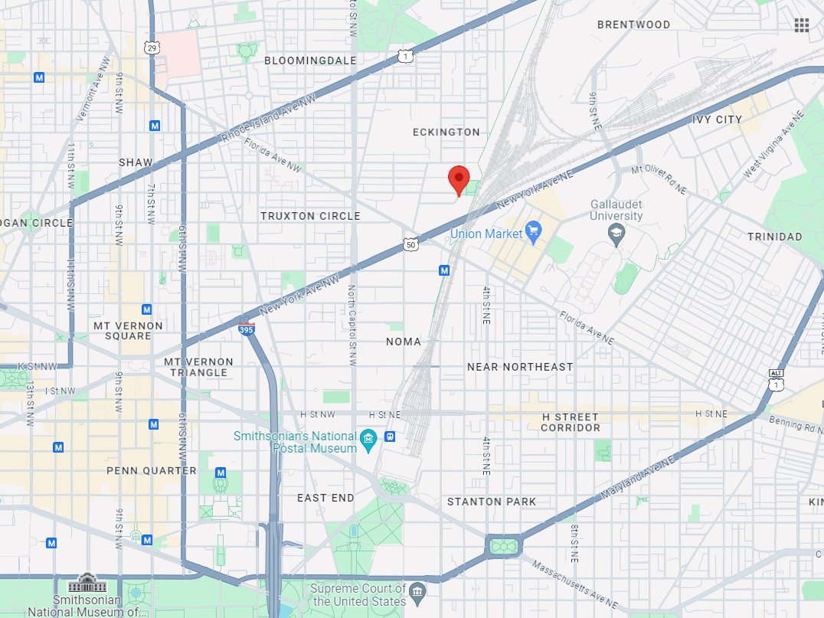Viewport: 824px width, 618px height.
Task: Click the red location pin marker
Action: tap(459, 179)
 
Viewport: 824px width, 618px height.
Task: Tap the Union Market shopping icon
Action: tap(534, 233)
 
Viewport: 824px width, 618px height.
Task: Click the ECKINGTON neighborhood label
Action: tap(446, 132)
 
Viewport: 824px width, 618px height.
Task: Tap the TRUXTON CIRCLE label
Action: tap(310, 216)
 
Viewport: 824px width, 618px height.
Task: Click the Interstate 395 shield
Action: tap(245, 328)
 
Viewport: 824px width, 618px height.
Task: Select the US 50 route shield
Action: tap(411, 244)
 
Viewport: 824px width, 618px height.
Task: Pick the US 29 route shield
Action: tap(152, 48)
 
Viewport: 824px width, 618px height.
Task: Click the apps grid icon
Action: tap(802, 25)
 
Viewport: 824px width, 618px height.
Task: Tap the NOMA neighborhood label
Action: tap(404, 342)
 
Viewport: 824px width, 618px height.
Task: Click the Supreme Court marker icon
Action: tap(417, 591)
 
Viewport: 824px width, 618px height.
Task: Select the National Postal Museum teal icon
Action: tap(369, 439)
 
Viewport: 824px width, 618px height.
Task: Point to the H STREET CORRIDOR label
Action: tap(570, 422)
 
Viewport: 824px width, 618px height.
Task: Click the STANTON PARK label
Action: tap(492, 502)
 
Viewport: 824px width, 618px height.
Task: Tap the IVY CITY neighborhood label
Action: tap(717, 119)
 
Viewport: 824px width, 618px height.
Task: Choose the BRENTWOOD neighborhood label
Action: tap(633, 25)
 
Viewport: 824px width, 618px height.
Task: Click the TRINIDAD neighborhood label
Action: tap(775, 237)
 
